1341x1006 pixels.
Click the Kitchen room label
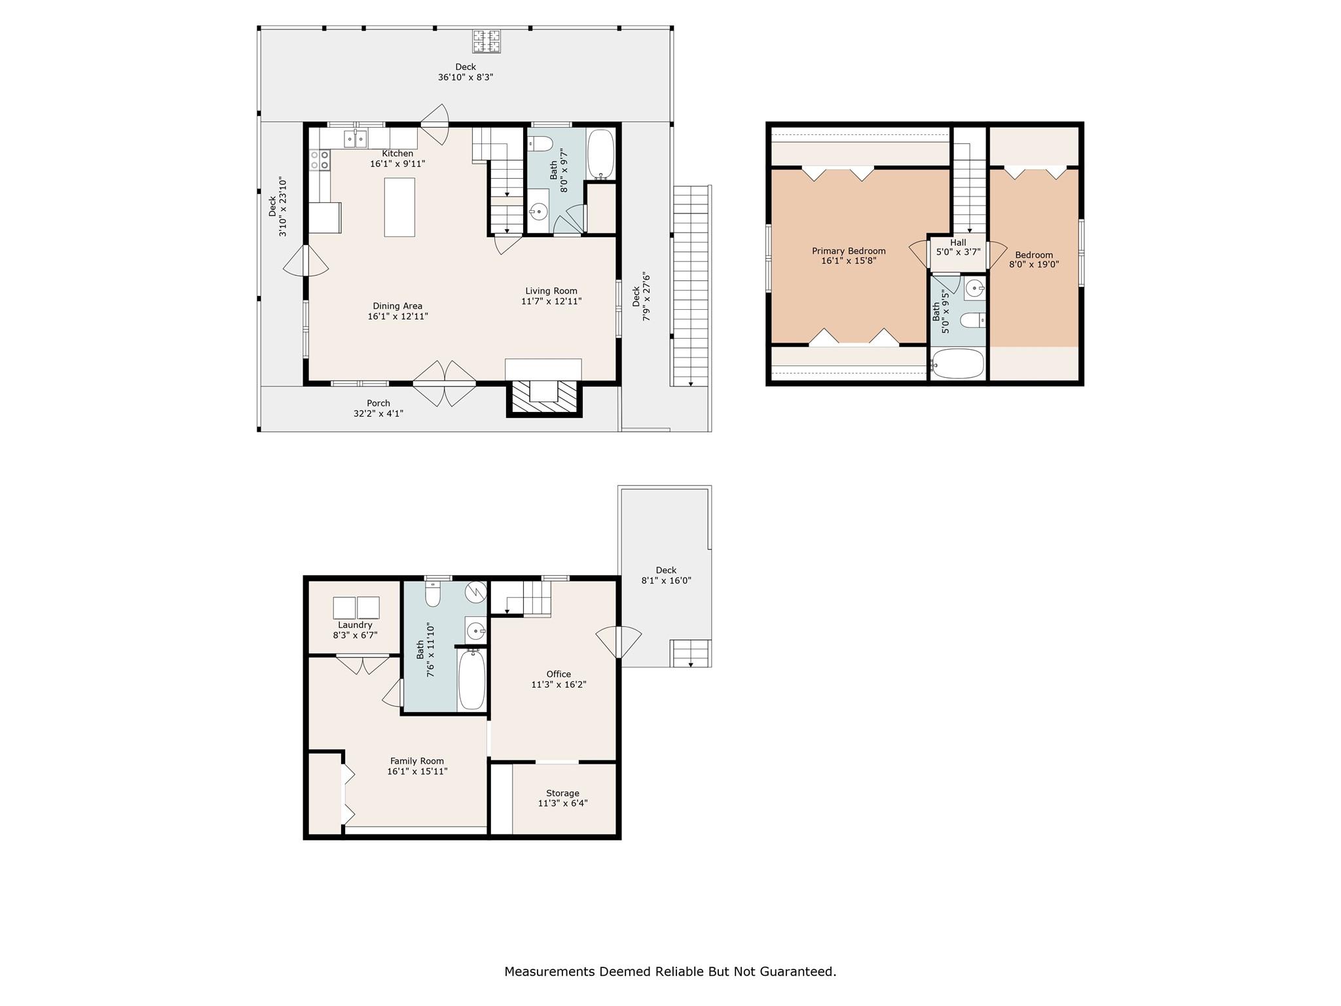(x=397, y=153)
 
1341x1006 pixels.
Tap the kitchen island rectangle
(x=399, y=207)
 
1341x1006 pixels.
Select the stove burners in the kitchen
(x=320, y=160)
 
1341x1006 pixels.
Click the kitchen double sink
(x=356, y=139)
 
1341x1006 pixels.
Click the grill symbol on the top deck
(x=487, y=41)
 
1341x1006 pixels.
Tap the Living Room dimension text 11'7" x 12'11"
(x=551, y=301)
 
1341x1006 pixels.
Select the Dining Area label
(x=397, y=306)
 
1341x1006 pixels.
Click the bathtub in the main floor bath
(x=600, y=155)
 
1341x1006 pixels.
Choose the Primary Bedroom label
(x=849, y=251)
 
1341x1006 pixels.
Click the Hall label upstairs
(x=958, y=242)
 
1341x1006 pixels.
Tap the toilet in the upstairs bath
(x=973, y=320)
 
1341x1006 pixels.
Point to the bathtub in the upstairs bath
(x=957, y=363)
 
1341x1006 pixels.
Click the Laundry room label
(x=355, y=625)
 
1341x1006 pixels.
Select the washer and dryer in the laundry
(x=356, y=608)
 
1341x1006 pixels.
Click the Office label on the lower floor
(x=559, y=674)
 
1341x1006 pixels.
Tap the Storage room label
(x=562, y=793)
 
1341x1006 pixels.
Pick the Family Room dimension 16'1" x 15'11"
(x=417, y=772)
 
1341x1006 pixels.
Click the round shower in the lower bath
(x=476, y=592)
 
